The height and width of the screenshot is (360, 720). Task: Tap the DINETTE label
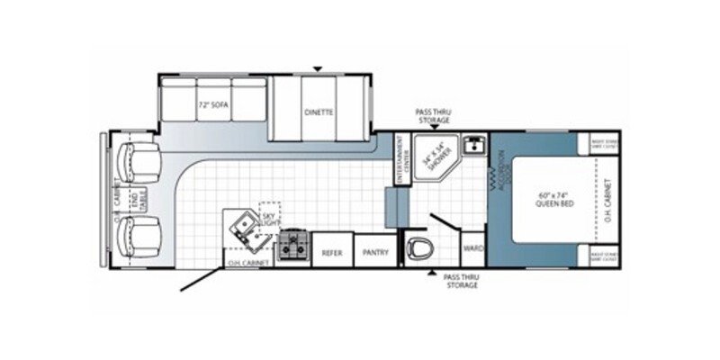point(319,112)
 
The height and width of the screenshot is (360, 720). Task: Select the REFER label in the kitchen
point(332,253)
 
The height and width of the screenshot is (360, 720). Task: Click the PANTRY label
point(375,253)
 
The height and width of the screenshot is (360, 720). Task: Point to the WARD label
point(472,247)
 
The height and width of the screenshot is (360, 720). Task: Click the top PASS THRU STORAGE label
point(432,115)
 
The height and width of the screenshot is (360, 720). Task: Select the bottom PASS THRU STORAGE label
point(460,282)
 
